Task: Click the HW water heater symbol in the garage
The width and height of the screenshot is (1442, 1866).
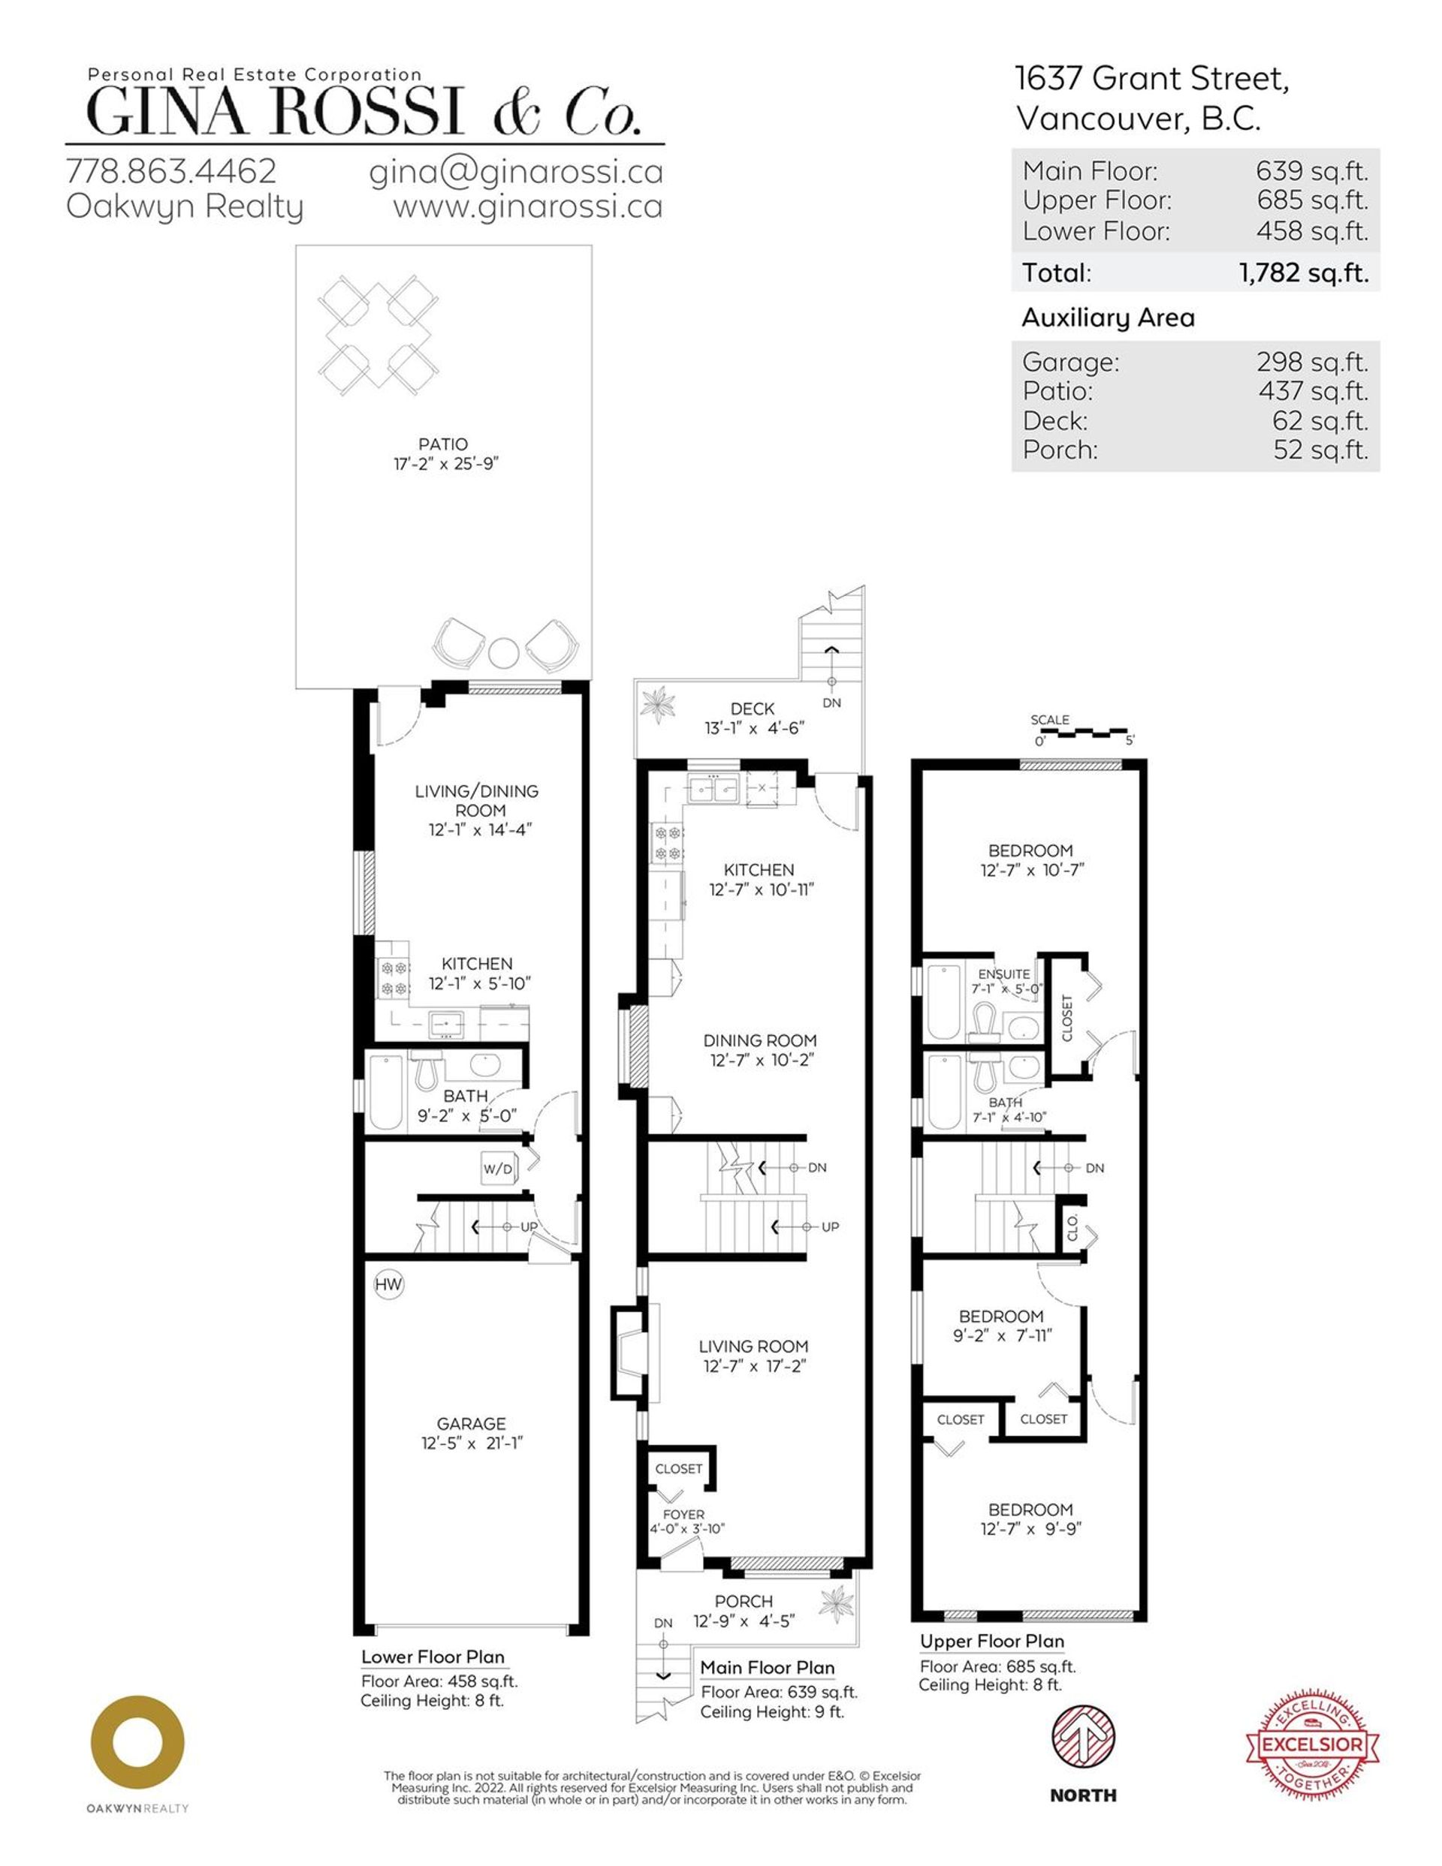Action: click(x=388, y=1284)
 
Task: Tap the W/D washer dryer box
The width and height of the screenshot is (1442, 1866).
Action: click(x=497, y=1168)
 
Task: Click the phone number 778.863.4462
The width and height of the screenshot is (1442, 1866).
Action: click(x=171, y=172)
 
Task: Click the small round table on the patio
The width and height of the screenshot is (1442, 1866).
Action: click(x=503, y=655)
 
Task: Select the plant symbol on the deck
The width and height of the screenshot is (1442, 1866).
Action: click(x=659, y=704)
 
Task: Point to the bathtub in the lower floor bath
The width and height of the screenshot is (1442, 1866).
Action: click(x=385, y=1093)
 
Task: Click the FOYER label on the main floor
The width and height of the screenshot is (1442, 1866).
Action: click(x=683, y=1514)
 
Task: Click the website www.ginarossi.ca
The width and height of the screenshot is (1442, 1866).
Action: click(x=527, y=208)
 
